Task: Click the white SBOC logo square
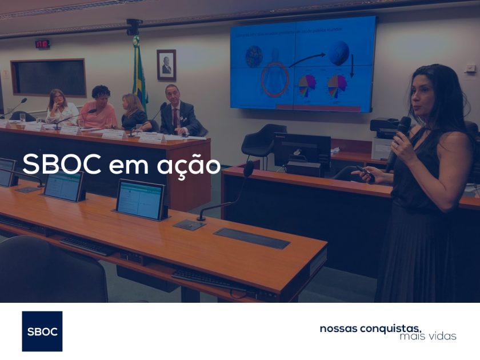coord(42,331)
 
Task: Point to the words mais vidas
coord(428,336)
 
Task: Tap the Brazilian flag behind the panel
coord(139,74)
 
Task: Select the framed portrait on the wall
coord(166,65)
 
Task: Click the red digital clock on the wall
coord(42,43)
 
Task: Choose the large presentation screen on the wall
coord(303,64)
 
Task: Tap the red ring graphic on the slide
coord(275,79)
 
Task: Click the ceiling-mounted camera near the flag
coord(134,26)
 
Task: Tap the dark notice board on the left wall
coord(48,77)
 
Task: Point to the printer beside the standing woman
coord(384,137)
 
